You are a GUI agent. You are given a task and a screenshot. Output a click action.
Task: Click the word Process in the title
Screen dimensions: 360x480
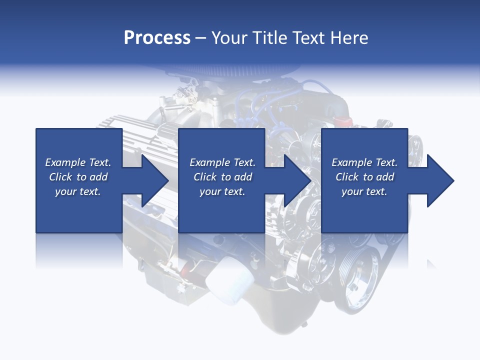(157, 38)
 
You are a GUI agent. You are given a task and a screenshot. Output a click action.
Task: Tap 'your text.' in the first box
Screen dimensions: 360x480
(78, 191)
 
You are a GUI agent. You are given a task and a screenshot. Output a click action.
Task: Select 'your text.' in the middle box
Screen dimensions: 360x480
(222, 191)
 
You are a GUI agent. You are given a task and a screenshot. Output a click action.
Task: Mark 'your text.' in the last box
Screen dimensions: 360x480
(364, 191)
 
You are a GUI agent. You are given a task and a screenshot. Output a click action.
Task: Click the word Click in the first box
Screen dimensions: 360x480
(61, 177)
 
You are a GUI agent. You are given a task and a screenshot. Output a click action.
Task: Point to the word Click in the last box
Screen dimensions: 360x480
(347, 177)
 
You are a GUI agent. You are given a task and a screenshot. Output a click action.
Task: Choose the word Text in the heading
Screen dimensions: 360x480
(308, 38)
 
